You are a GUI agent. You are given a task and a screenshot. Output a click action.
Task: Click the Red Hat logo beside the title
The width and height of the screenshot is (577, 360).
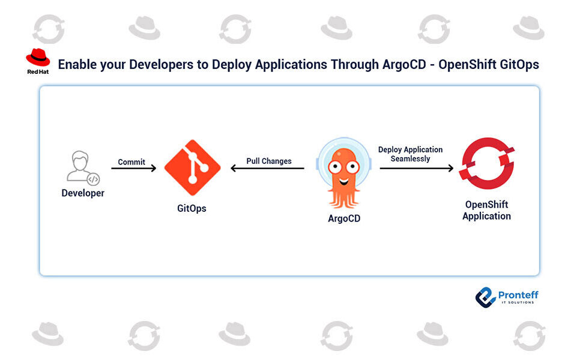(x=38, y=58)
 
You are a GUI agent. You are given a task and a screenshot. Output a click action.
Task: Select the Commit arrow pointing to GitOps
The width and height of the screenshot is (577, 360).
(x=133, y=169)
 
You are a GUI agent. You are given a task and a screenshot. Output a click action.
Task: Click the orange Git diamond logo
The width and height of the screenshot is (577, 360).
(x=192, y=167)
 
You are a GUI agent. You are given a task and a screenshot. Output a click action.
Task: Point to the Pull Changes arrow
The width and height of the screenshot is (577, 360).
(x=268, y=169)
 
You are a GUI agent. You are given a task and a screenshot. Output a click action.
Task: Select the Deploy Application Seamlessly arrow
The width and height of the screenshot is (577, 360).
(x=416, y=169)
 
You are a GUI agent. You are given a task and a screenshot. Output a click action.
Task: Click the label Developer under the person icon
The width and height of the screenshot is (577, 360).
(x=83, y=193)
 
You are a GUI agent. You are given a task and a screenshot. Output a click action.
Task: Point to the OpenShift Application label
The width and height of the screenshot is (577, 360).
(x=487, y=210)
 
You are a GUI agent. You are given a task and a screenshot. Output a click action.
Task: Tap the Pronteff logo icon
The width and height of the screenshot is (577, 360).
(x=485, y=296)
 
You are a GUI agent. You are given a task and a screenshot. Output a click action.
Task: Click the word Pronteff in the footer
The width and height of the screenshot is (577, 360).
(x=518, y=294)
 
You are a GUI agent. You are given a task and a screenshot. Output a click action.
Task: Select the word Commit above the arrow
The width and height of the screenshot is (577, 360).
(x=131, y=162)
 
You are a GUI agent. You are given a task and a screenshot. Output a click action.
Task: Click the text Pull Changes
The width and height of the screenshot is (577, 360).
(x=269, y=161)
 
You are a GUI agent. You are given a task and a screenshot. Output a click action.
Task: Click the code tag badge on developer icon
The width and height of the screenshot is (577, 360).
(x=93, y=179)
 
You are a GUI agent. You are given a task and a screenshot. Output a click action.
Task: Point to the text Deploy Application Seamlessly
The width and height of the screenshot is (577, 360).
(x=410, y=154)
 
